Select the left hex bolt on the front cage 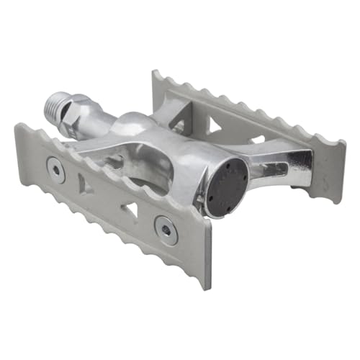point(56,170)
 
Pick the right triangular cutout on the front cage point(130,211)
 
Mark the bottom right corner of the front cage point(208,288)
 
